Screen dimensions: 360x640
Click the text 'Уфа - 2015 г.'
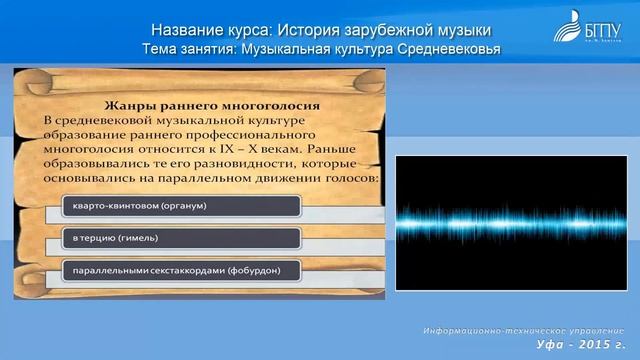pos(578,345)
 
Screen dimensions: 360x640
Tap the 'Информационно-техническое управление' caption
pos(522,330)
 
